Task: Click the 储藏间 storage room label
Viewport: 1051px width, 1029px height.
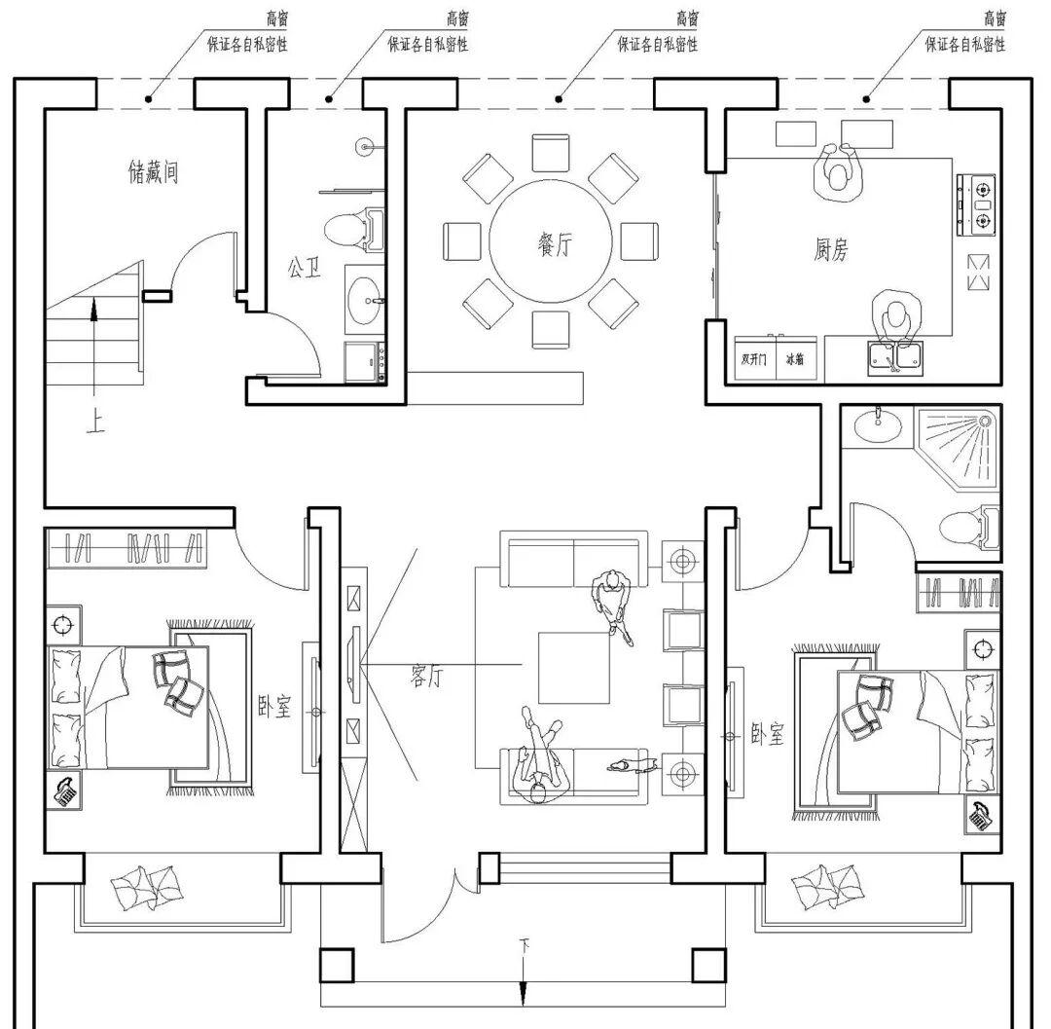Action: [154, 173]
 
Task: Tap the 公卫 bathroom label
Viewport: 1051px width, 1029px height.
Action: [304, 267]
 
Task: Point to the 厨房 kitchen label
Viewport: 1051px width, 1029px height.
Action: [831, 249]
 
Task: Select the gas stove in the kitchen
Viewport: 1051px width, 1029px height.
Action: [978, 204]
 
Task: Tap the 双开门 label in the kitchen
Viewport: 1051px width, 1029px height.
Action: [754, 359]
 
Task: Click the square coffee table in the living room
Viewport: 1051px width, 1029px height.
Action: [574, 667]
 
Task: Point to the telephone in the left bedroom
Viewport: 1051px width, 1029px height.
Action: [66, 791]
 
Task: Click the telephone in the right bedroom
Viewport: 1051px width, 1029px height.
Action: [981, 815]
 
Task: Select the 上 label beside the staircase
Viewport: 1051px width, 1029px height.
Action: [94, 424]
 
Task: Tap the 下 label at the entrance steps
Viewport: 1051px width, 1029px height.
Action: [525, 944]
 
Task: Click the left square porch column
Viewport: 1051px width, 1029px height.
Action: [337, 965]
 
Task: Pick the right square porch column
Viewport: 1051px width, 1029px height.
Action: [708, 965]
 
